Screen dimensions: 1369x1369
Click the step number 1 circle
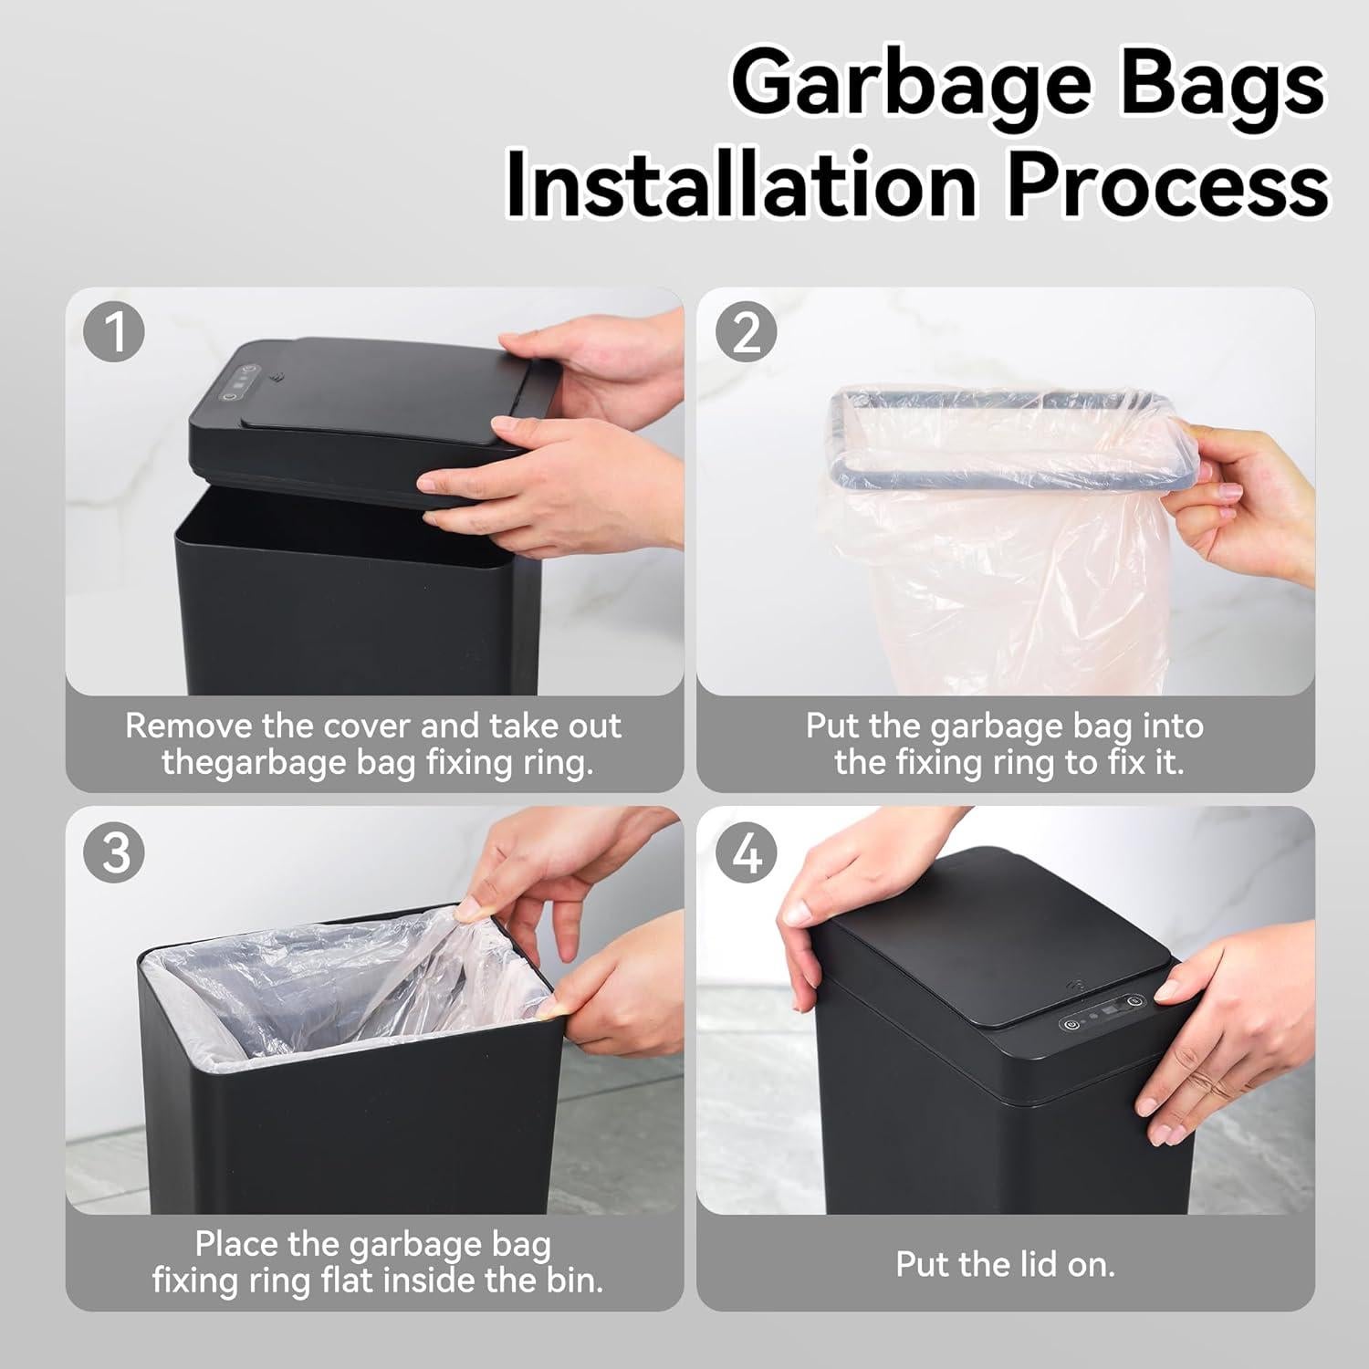tap(114, 332)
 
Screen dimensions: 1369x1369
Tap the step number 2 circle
tap(746, 332)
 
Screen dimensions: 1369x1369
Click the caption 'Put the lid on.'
tap(1005, 1264)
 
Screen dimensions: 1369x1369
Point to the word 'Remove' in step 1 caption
tap(189, 726)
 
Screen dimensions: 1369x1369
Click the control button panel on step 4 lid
tap(1102, 1012)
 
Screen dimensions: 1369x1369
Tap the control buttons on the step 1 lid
tap(235, 383)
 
